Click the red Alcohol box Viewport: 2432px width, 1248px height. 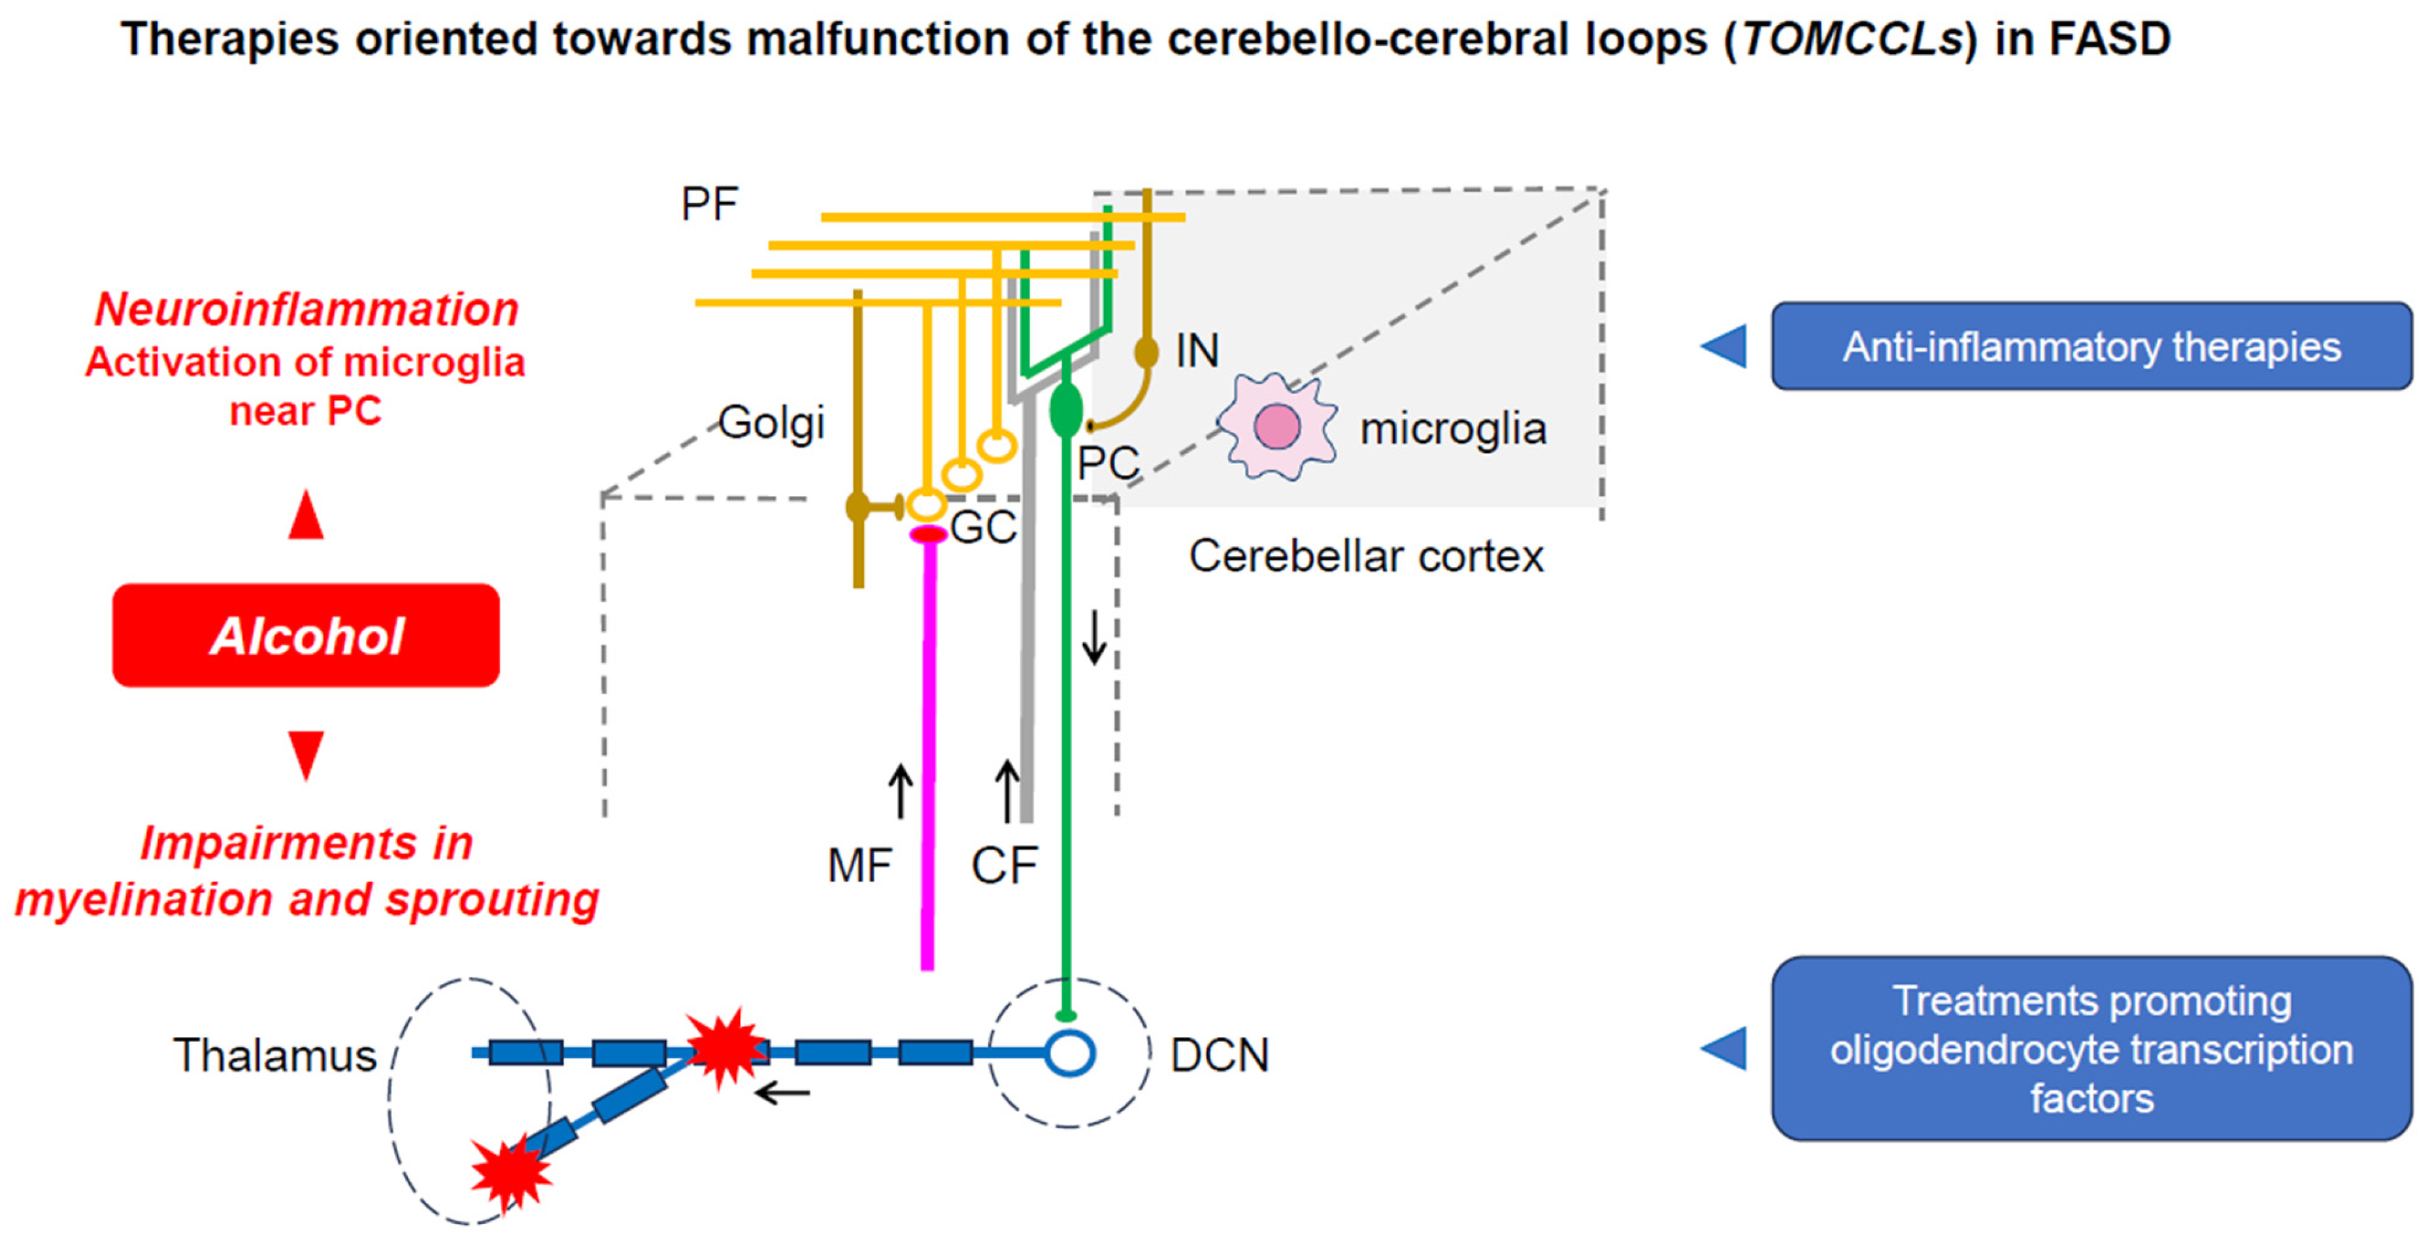[306, 634]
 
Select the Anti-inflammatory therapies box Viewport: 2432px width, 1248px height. [2091, 346]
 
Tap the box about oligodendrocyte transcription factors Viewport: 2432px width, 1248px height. [2091, 1049]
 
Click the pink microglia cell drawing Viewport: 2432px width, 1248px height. [1277, 426]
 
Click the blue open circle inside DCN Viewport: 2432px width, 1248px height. [1070, 1053]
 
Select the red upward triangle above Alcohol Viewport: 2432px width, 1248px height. [306, 514]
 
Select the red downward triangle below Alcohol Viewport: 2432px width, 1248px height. [306, 756]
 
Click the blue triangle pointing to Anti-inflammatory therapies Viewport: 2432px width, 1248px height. [1724, 346]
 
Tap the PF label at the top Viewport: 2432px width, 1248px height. [710, 204]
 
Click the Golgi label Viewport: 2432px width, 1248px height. [771, 423]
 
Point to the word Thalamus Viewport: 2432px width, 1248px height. [275, 1055]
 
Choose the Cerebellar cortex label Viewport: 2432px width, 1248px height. [1366, 556]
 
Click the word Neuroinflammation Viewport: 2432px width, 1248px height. [307, 310]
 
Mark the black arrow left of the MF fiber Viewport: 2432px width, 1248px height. [901, 791]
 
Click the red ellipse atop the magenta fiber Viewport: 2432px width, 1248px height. [928, 535]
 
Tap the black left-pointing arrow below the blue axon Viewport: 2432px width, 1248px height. [782, 1093]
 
